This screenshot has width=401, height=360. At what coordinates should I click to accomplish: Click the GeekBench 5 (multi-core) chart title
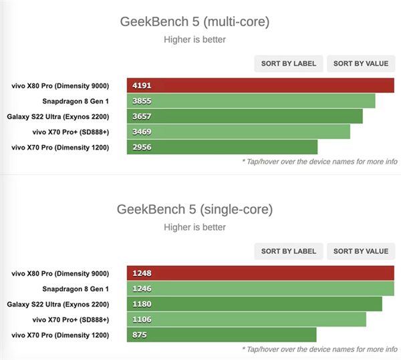click(194, 22)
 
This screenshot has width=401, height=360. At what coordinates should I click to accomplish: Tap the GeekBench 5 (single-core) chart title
click(194, 209)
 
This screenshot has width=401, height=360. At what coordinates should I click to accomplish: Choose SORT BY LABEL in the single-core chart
click(289, 251)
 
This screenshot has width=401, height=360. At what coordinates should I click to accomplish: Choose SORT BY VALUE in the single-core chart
click(360, 251)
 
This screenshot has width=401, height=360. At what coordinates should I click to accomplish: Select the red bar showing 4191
click(260, 85)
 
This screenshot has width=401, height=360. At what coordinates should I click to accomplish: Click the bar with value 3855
click(251, 101)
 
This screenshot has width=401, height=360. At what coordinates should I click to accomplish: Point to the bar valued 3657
click(245, 116)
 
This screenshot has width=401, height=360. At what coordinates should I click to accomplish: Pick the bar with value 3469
click(239, 132)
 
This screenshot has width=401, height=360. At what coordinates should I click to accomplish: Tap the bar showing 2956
click(222, 147)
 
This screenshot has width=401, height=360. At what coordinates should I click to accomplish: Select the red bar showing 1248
click(260, 273)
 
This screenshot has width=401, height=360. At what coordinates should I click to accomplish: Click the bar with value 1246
click(260, 289)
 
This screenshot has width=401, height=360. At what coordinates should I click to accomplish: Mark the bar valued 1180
click(254, 304)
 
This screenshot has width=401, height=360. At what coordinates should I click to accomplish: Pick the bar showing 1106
click(246, 319)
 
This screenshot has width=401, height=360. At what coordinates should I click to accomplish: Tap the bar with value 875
click(221, 335)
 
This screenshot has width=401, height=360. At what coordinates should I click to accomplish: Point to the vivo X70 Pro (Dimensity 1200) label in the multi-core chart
click(60, 147)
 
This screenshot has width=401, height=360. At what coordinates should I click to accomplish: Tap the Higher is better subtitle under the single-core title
click(194, 227)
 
